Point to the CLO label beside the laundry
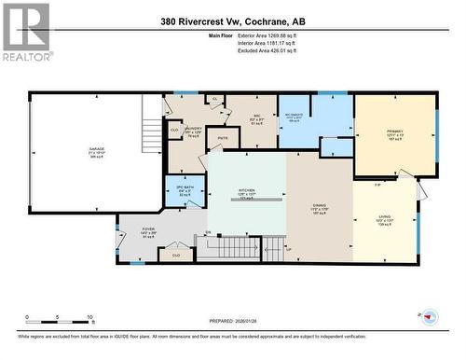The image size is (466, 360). pyautogui.click(x=174, y=130)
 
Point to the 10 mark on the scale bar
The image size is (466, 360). pyautogui.click(x=89, y=317)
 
